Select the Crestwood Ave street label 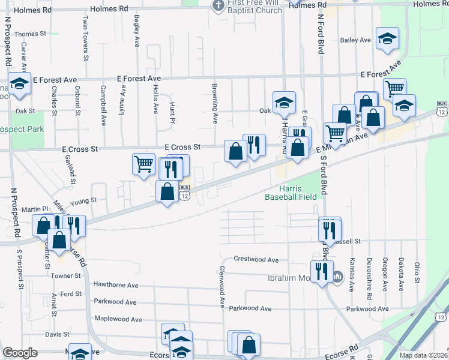click(256, 260)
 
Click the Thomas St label click(30, 34)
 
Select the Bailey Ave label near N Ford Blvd click(355, 40)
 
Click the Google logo click(20, 353)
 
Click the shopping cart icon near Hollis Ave click(143, 163)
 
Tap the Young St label click(83, 201)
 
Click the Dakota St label click(400, 266)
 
